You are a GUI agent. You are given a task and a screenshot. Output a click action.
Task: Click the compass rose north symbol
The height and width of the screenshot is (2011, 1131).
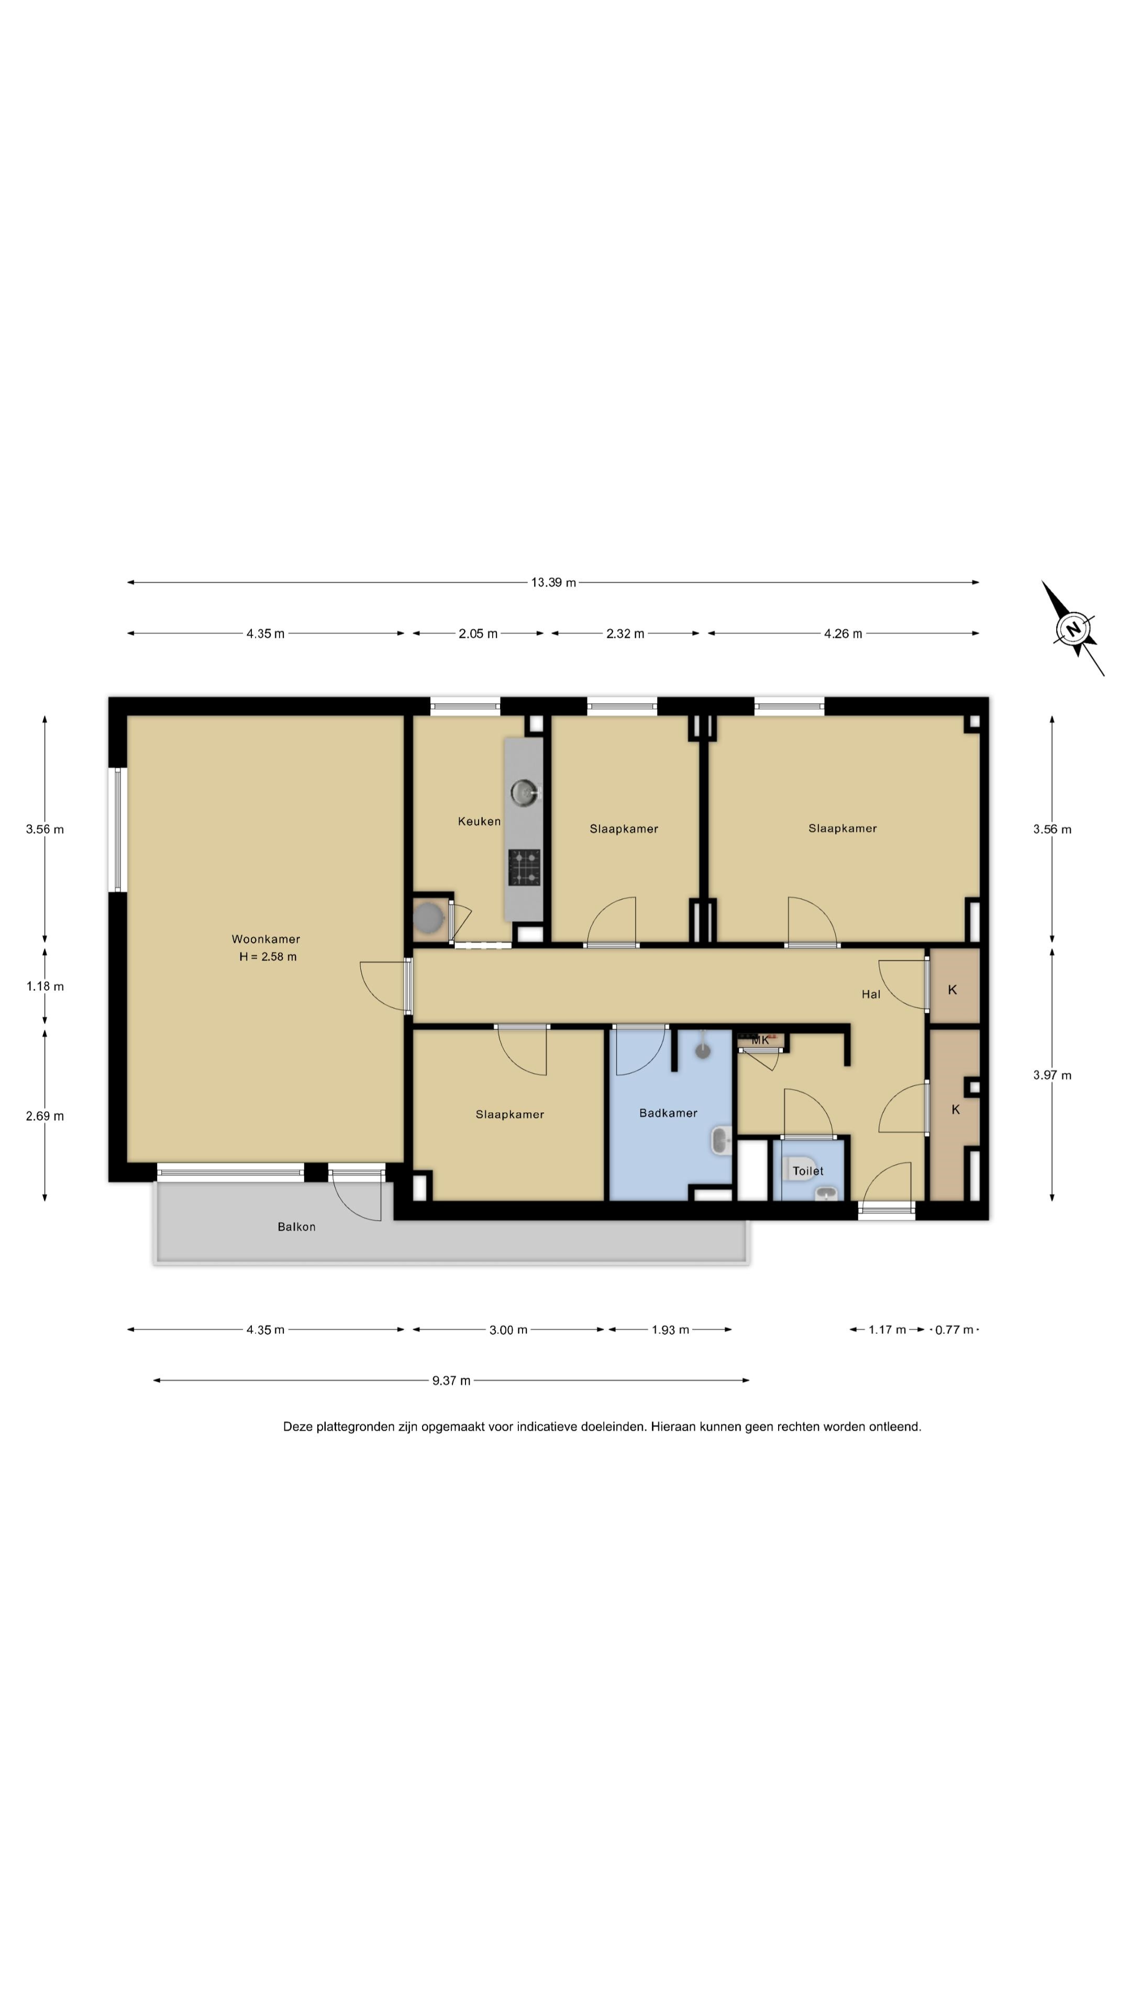pyautogui.click(x=1073, y=628)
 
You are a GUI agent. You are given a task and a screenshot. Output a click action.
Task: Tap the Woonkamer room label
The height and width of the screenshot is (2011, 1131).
pyautogui.click(x=265, y=939)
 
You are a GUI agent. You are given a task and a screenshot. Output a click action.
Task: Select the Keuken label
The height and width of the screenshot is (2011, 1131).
pyautogui.click(x=479, y=821)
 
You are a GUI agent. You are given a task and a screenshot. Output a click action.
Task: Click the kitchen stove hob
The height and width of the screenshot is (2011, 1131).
pyautogui.click(x=525, y=867)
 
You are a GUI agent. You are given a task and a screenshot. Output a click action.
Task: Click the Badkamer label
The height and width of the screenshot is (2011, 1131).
pyautogui.click(x=668, y=1113)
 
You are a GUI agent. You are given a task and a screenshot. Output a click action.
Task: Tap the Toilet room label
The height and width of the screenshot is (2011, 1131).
pyautogui.click(x=808, y=1171)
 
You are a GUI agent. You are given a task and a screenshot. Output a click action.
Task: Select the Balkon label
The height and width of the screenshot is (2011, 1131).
pyautogui.click(x=296, y=1227)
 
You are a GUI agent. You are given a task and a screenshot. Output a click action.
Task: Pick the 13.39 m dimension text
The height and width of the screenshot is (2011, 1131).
pyautogui.click(x=553, y=582)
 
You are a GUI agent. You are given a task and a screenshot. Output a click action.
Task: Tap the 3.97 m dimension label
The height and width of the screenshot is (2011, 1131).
pyautogui.click(x=1052, y=1075)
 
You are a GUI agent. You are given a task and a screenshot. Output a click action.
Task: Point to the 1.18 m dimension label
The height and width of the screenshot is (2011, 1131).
pyautogui.click(x=45, y=987)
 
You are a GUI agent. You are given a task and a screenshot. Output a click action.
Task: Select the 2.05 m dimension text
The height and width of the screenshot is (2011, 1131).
pyautogui.click(x=478, y=634)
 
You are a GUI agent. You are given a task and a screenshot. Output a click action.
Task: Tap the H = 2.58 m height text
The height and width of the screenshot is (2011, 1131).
pyautogui.click(x=268, y=957)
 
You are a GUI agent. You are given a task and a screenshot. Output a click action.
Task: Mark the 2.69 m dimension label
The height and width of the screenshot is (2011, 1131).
pyautogui.click(x=45, y=1117)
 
